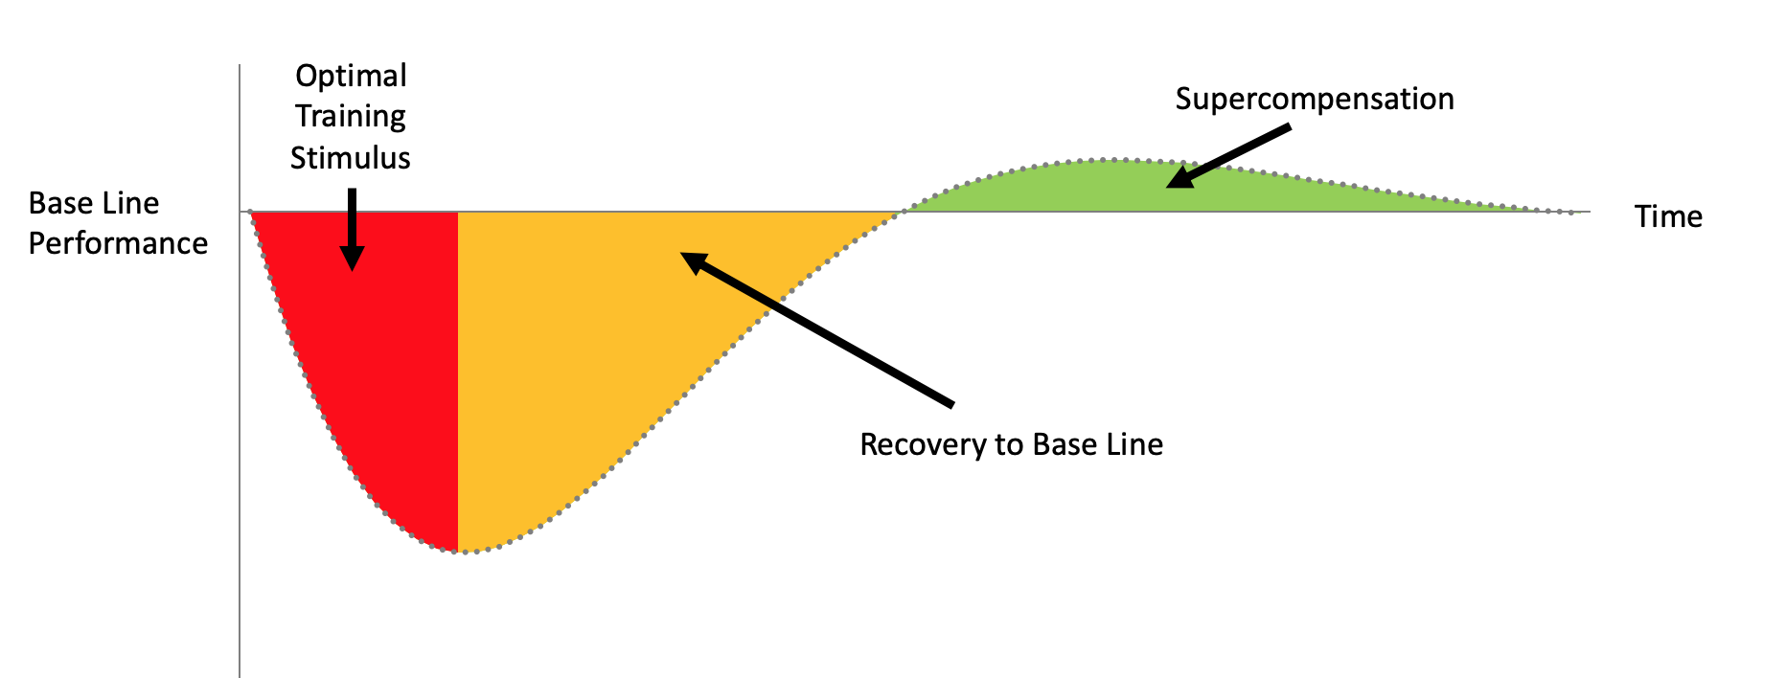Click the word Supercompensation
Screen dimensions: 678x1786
(x=1315, y=100)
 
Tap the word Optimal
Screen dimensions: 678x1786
(x=351, y=77)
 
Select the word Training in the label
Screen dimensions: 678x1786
(x=351, y=117)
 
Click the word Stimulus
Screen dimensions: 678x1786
(x=351, y=158)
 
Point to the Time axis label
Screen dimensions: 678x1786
(x=1668, y=217)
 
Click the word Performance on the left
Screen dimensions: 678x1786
(x=118, y=244)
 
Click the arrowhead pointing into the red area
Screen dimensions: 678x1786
(x=352, y=259)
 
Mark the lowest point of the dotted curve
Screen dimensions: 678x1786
(x=460, y=553)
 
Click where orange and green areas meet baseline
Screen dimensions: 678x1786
(x=901, y=212)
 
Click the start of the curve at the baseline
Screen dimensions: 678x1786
(x=250, y=212)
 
